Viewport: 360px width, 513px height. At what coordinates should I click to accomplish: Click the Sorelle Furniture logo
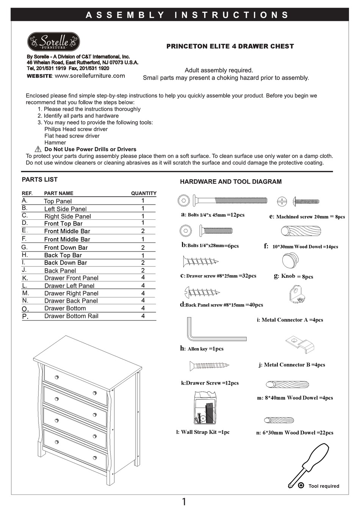point(53,41)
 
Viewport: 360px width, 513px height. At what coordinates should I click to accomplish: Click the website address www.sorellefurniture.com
point(90,76)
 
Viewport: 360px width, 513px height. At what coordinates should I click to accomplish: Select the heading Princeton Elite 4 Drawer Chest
point(230,46)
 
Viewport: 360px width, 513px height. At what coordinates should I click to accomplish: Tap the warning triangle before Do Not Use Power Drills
point(38,149)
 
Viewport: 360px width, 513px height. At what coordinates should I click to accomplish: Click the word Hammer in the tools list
point(55,142)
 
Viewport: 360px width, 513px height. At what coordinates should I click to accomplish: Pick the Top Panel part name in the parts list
point(58,201)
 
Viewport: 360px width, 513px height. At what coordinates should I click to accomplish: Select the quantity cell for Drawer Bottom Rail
point(143,316)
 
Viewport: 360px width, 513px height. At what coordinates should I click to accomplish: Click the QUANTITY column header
point(144,193)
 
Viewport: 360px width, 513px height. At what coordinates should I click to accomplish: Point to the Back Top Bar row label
point(63,255)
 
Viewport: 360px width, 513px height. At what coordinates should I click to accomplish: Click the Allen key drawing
point(212,332)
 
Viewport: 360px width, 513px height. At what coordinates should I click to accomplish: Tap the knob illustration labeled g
point(290,261)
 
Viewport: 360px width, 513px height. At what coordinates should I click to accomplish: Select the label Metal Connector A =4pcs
point(290,320)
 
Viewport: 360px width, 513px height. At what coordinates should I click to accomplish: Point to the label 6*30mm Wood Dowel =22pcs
point(295,433)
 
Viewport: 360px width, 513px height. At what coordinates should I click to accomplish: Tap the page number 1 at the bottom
point(184,502)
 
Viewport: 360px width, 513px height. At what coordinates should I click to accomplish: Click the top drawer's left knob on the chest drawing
point(57,377)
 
